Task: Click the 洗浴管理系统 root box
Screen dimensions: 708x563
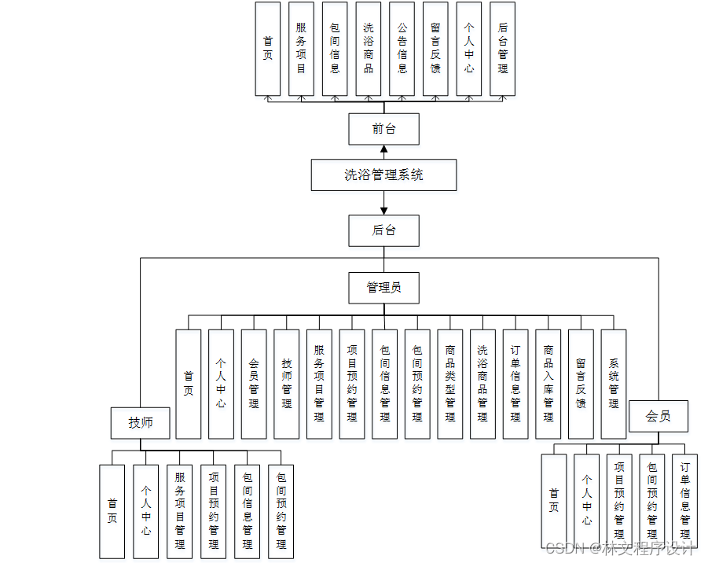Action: (383, 175)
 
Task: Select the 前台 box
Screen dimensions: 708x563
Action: (383, 129)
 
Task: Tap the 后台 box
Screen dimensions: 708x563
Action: (383, 230)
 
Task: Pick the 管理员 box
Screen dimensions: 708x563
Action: (383, 288)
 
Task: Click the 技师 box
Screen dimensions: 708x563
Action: (141, 423)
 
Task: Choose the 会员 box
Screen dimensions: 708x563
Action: (658, 416)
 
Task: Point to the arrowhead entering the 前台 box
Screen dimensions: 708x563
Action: (383, 149)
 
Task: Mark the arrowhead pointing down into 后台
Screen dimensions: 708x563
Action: (383, 211)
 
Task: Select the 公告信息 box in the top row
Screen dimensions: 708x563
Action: (402, 49)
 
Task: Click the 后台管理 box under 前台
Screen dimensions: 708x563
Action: (503, 49)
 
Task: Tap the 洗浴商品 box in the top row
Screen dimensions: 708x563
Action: (369, 49)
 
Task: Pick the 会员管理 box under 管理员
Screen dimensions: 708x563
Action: (254, 384)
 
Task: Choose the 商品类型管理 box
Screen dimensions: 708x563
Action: (450, 384)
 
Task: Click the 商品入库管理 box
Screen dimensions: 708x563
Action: (548, 384)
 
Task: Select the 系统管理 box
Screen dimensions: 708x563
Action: (614, 384)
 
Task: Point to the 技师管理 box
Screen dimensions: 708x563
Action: (286, 384)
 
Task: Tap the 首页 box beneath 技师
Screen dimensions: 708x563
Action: (112, 511)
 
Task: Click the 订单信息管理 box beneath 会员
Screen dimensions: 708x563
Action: (685, 501)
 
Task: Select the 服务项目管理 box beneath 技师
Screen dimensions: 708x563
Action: (180, 511)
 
